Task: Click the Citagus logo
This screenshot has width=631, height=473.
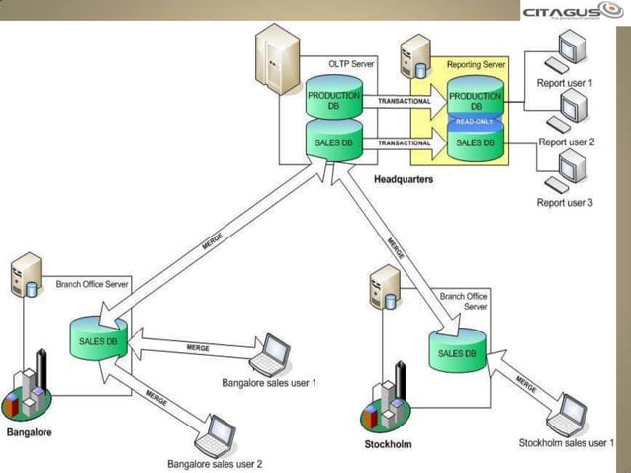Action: (572, 11)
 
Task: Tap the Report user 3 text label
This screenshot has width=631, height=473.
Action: (565, 203)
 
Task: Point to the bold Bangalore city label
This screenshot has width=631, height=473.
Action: (29, 432)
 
